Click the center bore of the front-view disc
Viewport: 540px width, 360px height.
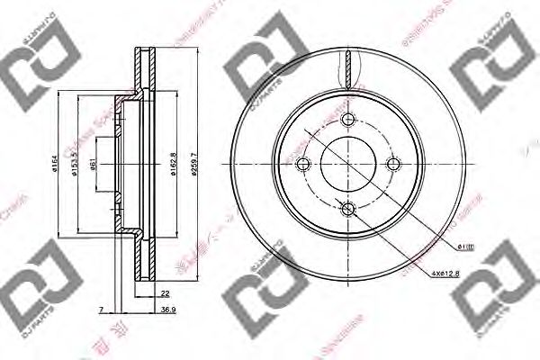click(349, 163)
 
